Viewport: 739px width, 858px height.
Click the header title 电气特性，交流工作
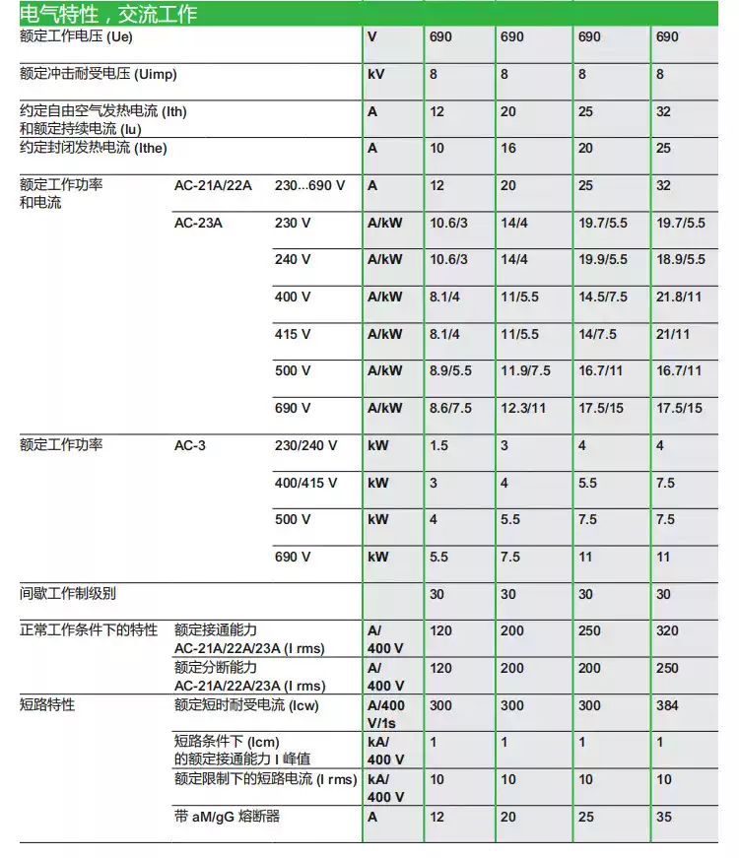[108, 14]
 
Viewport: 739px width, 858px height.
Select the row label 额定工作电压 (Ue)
[76, 36]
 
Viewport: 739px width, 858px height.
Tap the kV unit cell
[376, 74]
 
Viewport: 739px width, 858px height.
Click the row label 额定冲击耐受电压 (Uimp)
[99, 74]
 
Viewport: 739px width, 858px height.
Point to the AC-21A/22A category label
[213, 185]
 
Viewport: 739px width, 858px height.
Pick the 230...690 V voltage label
[309, 185]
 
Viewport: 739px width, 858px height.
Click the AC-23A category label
[198, 223]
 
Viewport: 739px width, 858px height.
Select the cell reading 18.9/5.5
[681, 260]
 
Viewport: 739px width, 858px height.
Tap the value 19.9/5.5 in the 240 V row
[602, 260]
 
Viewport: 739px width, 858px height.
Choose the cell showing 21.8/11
[680, 297]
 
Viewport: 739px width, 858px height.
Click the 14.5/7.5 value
[602, 297]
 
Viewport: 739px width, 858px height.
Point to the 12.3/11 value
[523, 408]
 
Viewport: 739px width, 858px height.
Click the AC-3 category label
[190, 445]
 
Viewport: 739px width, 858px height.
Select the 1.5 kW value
[438, 445]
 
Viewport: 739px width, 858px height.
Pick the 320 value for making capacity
[668, 630]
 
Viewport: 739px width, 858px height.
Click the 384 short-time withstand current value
[668, 705]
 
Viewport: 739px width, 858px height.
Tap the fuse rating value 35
[664, 817]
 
